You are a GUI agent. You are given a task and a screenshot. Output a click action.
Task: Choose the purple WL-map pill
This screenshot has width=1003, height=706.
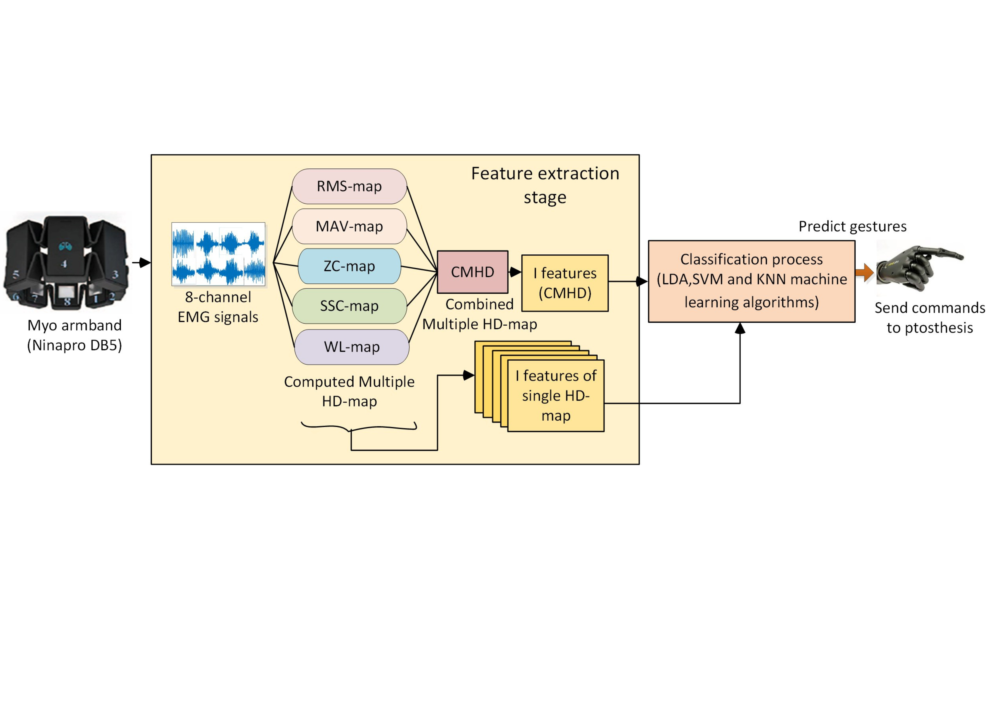tap(352, 347)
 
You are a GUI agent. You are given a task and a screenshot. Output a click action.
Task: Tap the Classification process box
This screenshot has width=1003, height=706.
tap(751, 281)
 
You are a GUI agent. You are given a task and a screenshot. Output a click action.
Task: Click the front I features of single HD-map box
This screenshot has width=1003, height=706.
tap(556, 396)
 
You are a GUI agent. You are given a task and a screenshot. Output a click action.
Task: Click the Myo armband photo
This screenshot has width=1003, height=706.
tap(66, 262)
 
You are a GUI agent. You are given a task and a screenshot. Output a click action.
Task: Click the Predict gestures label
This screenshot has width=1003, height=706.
tap(852, 226)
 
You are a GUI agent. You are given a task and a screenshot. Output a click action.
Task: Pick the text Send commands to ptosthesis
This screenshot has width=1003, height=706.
tap(930, 318)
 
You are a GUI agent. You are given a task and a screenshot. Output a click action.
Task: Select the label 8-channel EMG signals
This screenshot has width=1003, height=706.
tap(218, 307)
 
